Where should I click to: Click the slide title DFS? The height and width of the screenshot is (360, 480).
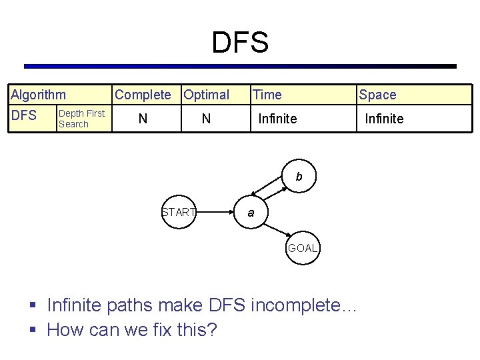(240, 43)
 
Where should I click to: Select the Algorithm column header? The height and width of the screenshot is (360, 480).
(38, 95)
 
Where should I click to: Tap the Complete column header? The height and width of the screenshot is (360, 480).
(143, 95)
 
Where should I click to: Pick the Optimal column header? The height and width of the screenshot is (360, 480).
(207, 95)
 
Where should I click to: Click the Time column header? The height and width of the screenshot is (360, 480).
(267, 95)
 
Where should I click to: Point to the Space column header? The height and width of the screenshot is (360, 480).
(377, 95)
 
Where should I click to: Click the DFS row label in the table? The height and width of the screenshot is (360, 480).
(24, 115)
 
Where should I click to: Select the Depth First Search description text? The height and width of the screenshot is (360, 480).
(81, 118)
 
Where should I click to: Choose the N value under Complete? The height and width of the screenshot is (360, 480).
(142, 119)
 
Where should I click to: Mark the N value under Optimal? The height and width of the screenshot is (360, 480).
(206, 119)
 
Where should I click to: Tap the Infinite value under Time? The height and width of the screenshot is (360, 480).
(277, 119)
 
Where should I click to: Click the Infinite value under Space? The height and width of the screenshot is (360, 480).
(384, 119)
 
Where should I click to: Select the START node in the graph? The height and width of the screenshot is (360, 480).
(179, 213)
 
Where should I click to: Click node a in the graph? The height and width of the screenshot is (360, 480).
(251, 213)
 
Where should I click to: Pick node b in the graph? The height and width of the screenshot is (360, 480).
(299, 177)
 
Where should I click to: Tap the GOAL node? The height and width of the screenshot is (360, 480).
(303, 248)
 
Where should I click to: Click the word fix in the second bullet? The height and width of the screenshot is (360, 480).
(158, 329)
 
